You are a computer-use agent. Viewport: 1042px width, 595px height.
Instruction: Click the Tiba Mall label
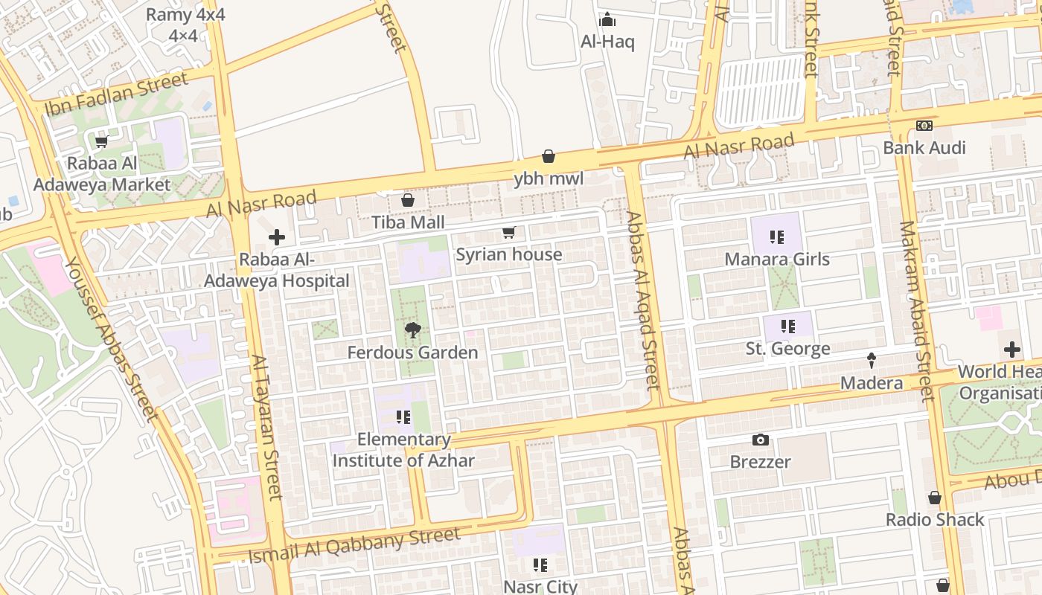tap(408, 222)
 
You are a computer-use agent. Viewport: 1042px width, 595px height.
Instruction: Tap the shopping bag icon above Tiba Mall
tap(408, 199)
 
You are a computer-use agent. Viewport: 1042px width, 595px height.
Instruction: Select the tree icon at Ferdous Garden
tap(412, 329)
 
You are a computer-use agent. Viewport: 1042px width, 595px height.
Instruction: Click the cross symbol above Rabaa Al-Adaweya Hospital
tap(276, 237)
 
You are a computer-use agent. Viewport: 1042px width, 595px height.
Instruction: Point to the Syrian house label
tap(508, 254)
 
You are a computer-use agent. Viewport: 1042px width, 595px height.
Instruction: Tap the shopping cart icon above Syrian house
tap(509, 233)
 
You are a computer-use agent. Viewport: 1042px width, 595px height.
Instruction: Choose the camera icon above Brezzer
tap(760, 440)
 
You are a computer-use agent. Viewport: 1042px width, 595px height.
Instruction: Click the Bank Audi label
tap(924, 147)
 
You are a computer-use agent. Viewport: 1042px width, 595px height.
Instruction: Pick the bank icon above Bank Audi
tap(924, 126)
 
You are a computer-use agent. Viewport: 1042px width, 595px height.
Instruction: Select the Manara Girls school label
tap(777, 260)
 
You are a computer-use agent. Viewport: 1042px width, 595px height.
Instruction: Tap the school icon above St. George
tap(787, 327)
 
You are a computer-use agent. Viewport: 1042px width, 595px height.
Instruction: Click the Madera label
tap(871, 383)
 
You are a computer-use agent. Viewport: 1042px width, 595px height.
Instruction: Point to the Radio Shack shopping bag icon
tap(935, 498)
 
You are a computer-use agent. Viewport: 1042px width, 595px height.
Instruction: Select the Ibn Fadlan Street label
tap(117, 95)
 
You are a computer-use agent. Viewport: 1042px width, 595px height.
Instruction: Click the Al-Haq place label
tap(607, 42)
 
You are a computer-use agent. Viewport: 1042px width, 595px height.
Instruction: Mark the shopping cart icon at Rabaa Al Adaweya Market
tap(101, 141)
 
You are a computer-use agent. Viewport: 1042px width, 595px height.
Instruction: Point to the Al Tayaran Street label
tap(266, 428)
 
